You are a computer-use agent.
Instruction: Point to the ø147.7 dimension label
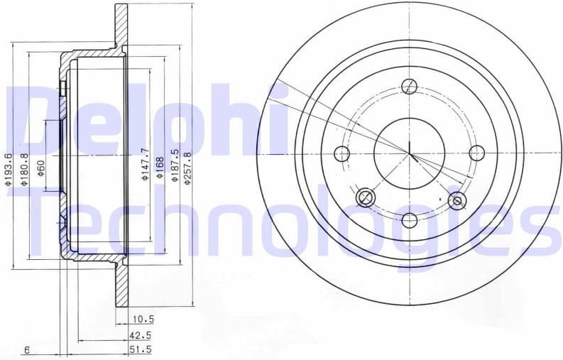point(144,164)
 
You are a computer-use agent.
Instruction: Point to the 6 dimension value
point(26,349)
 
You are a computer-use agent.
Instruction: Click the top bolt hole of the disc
point(410,87)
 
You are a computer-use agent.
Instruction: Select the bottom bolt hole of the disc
point(410,219)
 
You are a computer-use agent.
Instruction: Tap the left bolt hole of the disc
point(342,153)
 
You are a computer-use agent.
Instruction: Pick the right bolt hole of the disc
point(476,153)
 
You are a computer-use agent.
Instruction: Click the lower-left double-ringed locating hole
point(366,197)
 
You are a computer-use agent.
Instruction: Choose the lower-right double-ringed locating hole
point(457,201)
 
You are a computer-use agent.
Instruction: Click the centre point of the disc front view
point(410,153)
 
